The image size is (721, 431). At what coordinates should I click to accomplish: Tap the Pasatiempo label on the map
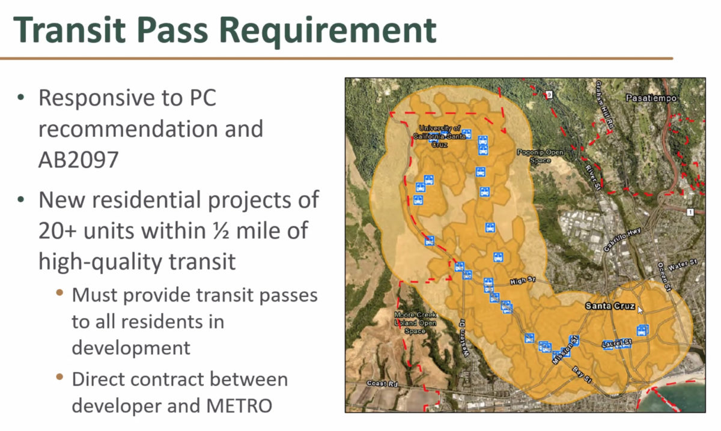click(651, 98)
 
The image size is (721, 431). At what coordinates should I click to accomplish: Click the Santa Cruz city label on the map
click(610, 306)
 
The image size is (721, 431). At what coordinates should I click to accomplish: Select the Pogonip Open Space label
click(540, 156)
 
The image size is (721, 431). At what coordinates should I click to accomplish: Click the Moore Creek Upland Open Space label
click(415, 322)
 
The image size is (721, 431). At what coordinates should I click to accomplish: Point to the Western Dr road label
click(466, 339)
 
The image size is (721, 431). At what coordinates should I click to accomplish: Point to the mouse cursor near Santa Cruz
click(640, 310)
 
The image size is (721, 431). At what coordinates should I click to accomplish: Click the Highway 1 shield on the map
click(692, 211)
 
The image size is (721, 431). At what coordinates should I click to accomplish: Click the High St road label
click(522, 281)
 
